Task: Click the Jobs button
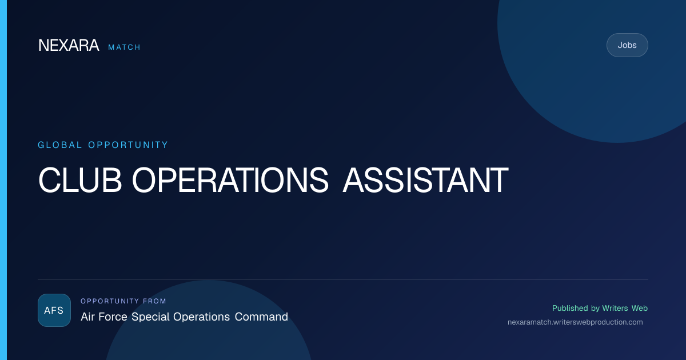pos(627,45)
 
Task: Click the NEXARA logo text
pos(69,45)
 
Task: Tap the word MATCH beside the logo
pos(125,47)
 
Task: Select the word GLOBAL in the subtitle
pos(59,145)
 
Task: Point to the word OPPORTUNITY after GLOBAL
pos(128,145)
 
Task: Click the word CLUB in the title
pos(80,180)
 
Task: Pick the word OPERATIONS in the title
pos(230,180)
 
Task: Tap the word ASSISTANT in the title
pos(425,180)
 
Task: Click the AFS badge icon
pos(54,310)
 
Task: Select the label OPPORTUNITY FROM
pos(123,301)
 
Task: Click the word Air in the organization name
pos(87,317)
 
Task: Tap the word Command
pos(261,317)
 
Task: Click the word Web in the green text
pos(640,308)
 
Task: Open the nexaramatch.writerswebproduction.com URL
pos(575,322)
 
